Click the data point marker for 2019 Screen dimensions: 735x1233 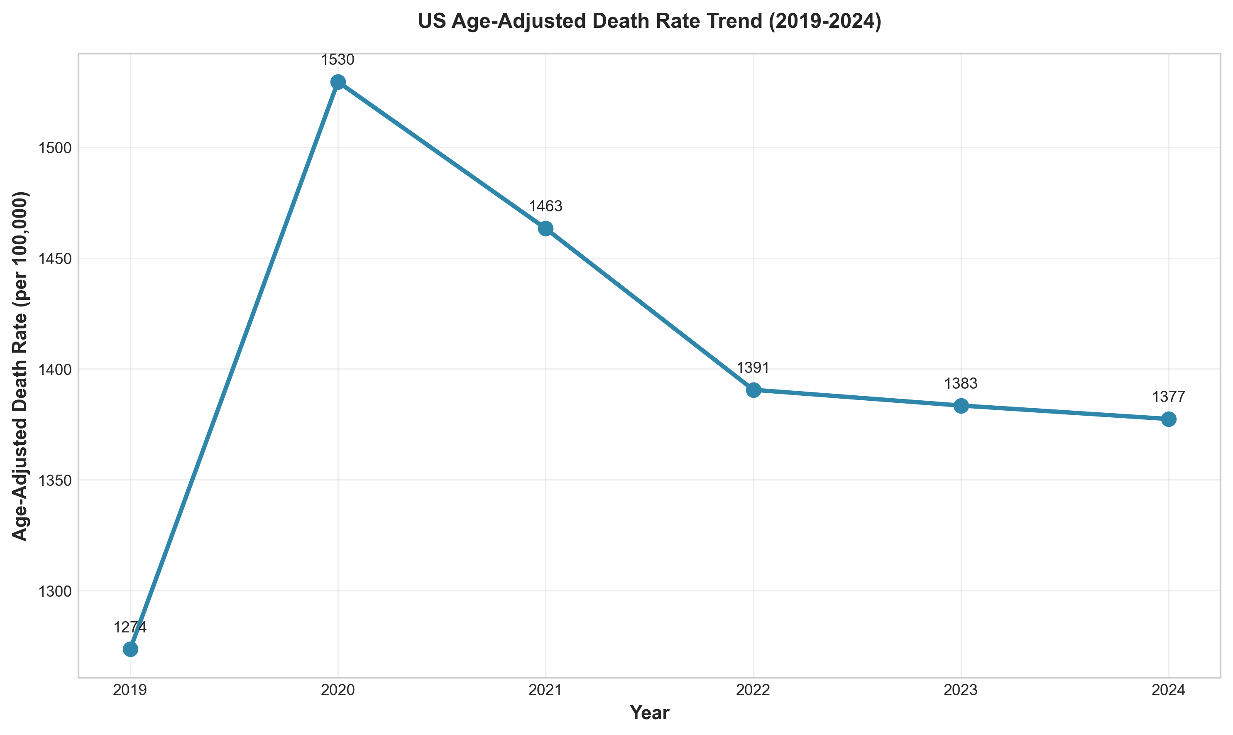(x=130, y=649)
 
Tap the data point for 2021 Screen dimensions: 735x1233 (x=546, y=228)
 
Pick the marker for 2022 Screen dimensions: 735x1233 (x=753, y=390)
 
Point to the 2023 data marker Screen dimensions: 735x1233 (x=961, y=406)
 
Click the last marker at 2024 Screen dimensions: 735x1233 (x=1169, y=419)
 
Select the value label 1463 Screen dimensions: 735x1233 (x=546, y=206)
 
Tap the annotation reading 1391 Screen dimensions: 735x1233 (x=753, y=368)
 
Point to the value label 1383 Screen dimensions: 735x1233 (x=961, y=383)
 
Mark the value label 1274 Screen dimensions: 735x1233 (x=130, y=627)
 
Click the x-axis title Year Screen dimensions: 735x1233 (x=649, y=713)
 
